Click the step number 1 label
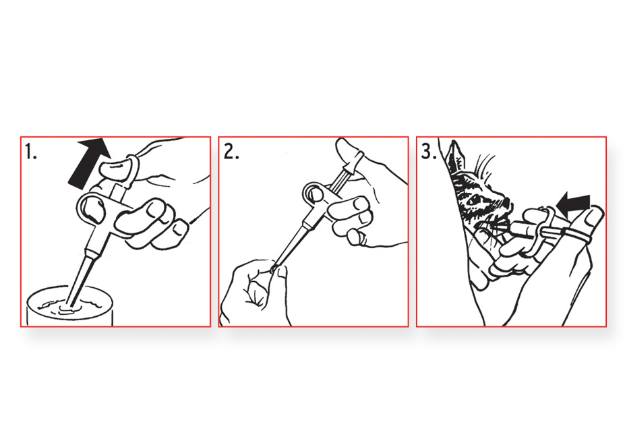coord(31,152)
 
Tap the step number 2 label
coord(231,152)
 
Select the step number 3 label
coord(429,152)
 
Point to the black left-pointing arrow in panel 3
coord(574,201)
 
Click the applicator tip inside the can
coord(71,302)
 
